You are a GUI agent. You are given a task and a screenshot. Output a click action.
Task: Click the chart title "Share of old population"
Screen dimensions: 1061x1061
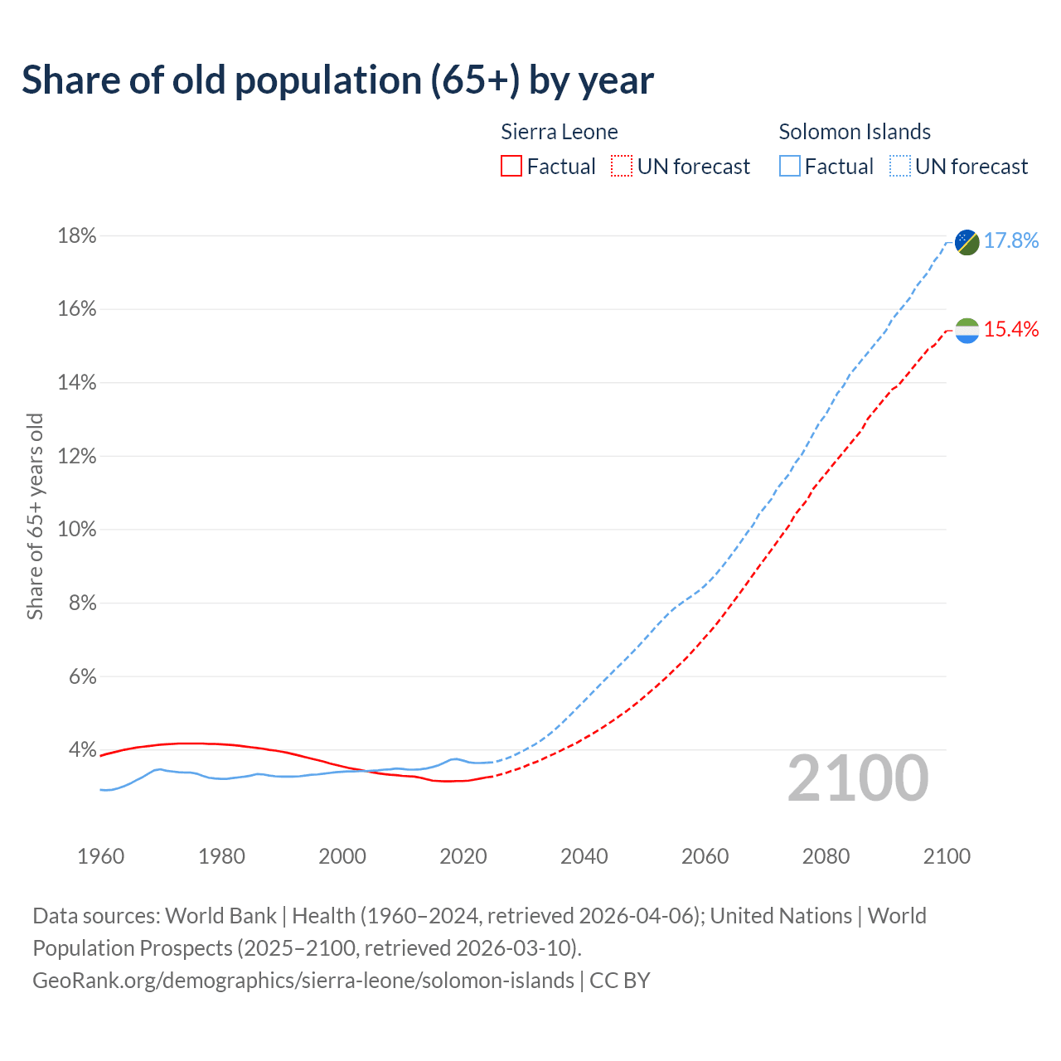[x=337, y=80]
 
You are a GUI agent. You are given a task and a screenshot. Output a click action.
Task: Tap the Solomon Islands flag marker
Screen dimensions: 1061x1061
[x=967, y=242]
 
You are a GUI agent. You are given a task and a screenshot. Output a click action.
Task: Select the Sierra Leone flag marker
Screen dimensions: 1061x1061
[x=967, y=331]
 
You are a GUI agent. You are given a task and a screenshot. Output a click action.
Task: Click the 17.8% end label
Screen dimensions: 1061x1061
[x=1011, y=241]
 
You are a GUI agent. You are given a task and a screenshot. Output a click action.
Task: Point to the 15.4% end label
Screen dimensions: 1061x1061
[x=1011, y=330]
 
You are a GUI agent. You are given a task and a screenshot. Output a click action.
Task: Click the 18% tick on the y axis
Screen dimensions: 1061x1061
[x=77, y=236]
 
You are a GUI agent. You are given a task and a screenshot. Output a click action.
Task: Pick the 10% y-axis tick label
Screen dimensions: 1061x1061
[x=77, y=529]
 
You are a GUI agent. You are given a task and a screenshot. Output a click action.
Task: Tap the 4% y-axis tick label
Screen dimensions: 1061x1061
[x=82, y=750]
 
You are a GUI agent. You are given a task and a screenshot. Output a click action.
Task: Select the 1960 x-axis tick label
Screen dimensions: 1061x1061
[x=100, y=856]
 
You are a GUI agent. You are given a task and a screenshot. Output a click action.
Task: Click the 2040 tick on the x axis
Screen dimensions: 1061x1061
[x=584, y=856]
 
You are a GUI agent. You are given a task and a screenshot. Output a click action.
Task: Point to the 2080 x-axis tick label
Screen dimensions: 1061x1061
[x=826, y=856]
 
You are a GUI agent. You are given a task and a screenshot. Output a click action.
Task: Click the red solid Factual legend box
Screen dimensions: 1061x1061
[x=511, y=167]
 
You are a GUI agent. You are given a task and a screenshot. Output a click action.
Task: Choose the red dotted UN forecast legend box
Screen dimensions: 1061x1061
[x=622, y=167]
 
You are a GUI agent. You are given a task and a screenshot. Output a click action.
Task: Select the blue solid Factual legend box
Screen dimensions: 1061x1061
[x=790, y=167]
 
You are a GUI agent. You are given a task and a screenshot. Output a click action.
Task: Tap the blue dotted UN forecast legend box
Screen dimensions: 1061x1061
[x=900, y=167]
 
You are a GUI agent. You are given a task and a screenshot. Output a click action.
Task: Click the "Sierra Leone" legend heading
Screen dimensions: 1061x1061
[x=560, y=132]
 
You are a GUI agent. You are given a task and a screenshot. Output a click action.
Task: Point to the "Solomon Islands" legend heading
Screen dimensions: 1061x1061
[x=855, y=132]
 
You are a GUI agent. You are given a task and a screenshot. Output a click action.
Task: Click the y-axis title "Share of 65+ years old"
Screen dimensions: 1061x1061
[x=35, y=516]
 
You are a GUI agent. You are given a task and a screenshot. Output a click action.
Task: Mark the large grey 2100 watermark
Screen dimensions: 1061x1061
[x=858, y=778]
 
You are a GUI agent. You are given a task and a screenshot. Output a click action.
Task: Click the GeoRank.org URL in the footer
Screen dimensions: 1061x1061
[x=303, y=981]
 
